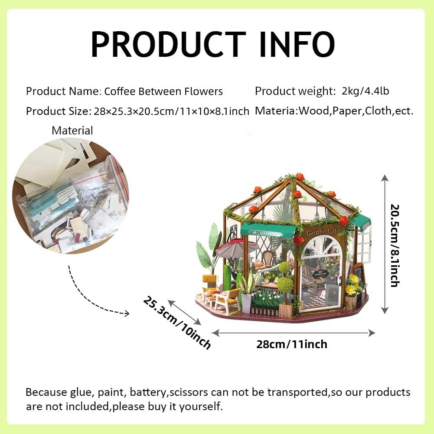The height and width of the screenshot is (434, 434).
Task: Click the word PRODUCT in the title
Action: pos(168,44)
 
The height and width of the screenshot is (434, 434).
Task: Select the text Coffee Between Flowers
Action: pos(163,91)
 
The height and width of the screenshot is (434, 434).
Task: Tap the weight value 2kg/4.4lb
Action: pos(365,91)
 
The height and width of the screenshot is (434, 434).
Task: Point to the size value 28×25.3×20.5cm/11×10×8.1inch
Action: pos(172,111)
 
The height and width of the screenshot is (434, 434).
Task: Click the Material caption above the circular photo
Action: pos(72,131)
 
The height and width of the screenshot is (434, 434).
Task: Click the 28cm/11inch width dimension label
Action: pos(292,344)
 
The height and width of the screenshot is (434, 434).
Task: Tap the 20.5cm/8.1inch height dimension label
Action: pos(395,245)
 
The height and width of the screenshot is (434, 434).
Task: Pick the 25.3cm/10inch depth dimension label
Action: pos(177,323)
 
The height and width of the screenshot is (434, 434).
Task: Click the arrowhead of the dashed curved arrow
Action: pos(127,313)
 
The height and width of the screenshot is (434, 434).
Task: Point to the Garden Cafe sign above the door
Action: pos(323,232)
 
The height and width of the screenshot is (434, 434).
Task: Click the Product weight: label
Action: pos(295,91)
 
